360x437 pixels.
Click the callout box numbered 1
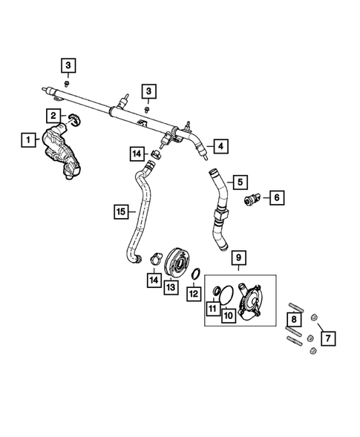click(28, 140)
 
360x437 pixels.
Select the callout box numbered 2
click(53, 116)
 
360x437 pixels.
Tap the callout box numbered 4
click(221, 146)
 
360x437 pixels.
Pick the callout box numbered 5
click(240, 183)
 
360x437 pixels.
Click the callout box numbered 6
click(277, 197)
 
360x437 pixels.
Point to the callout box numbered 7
click(328, 338)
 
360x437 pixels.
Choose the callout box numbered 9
click(239, 257)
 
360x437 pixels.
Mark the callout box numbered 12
click(194, 294)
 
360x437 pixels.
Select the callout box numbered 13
click(171, 287)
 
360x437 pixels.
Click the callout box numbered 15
click(121, 211)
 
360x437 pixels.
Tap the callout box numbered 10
click(229, 316)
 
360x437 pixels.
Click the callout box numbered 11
click(213, 309)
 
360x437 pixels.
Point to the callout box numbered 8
click(294, 319)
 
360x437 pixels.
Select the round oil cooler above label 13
click(176, 262)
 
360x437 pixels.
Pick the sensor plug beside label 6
click(252, 199)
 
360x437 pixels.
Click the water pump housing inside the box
click(249, 303)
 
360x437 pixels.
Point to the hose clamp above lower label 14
click(156, 257)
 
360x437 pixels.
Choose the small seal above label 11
click(217, 291)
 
